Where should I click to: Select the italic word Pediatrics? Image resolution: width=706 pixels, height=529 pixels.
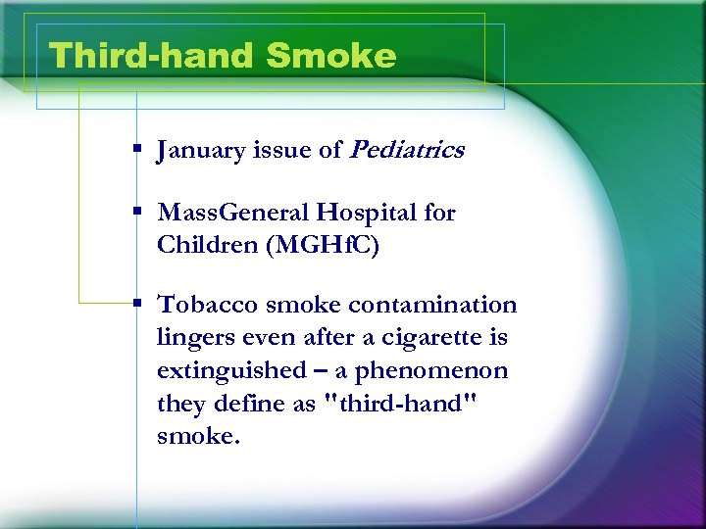coord(407,150)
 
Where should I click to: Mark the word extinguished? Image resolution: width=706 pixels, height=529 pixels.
coord(231,370)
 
